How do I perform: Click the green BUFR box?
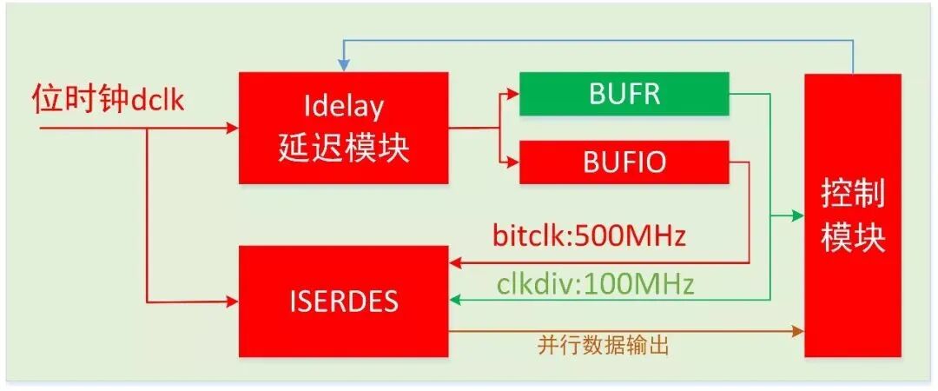pos(624,94)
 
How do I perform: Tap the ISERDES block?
pos(343,301)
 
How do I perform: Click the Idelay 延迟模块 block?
pos(343,129)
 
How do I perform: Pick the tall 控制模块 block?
pos(852,215)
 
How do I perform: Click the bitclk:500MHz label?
pos(589,235)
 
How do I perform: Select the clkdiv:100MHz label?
pos(595,283)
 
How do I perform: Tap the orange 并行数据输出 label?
pos(604,345)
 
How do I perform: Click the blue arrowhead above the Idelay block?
pos(344,66)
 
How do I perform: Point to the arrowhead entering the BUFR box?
pos(513,94)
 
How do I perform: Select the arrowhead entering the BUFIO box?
pos(513,161)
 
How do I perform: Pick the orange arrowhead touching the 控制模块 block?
pos(798,331)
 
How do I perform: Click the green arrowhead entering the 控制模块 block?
pos(798,215)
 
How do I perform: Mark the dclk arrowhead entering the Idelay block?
pos(232,129)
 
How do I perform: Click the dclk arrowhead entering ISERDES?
pos(232,302)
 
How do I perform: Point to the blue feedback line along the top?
pos(599,41)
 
